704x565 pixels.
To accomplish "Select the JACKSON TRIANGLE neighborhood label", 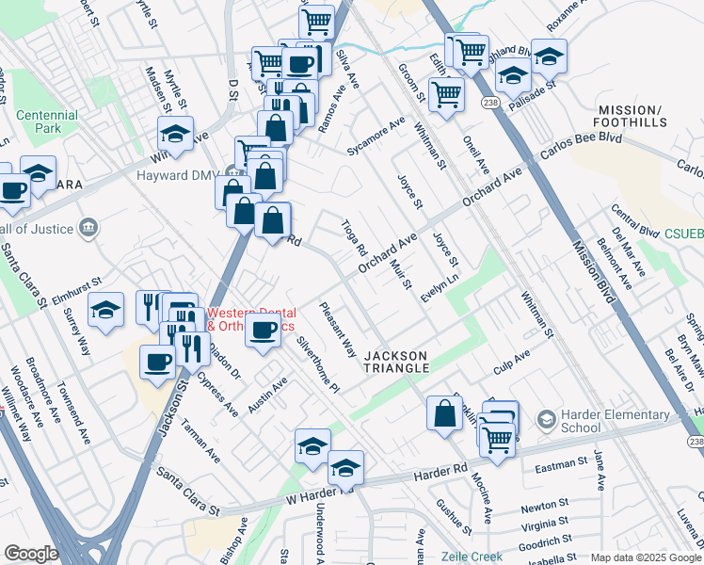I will pos(395,362).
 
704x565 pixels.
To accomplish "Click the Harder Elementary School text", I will pos(580,421).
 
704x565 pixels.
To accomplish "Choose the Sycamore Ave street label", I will pos(375,137).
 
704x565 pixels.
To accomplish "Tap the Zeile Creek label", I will pos(471,557).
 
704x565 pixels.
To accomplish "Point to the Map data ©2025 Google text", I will pos(646,557).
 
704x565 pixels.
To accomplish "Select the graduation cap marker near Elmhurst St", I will pos(106,310).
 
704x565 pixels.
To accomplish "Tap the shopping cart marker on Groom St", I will pos(446,93).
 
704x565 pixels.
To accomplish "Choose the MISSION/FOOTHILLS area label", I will pos(632,116).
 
